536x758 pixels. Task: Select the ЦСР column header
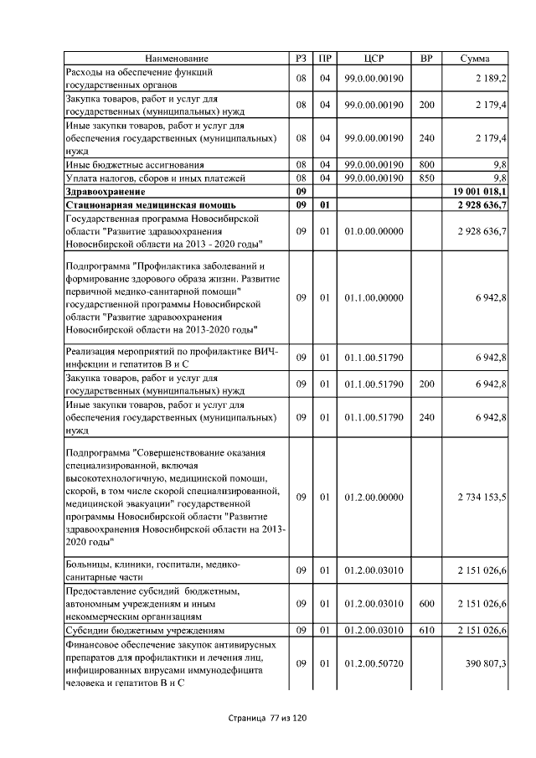[374, 59]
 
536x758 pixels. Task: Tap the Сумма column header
[475, 59]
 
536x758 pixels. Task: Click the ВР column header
[425, 59]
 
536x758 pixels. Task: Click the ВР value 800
[426, 165]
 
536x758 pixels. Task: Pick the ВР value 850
[426, 178]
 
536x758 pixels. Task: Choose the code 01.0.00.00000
[374, 230]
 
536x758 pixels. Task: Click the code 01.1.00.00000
[374, 297]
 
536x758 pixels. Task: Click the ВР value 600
[426, 603]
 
